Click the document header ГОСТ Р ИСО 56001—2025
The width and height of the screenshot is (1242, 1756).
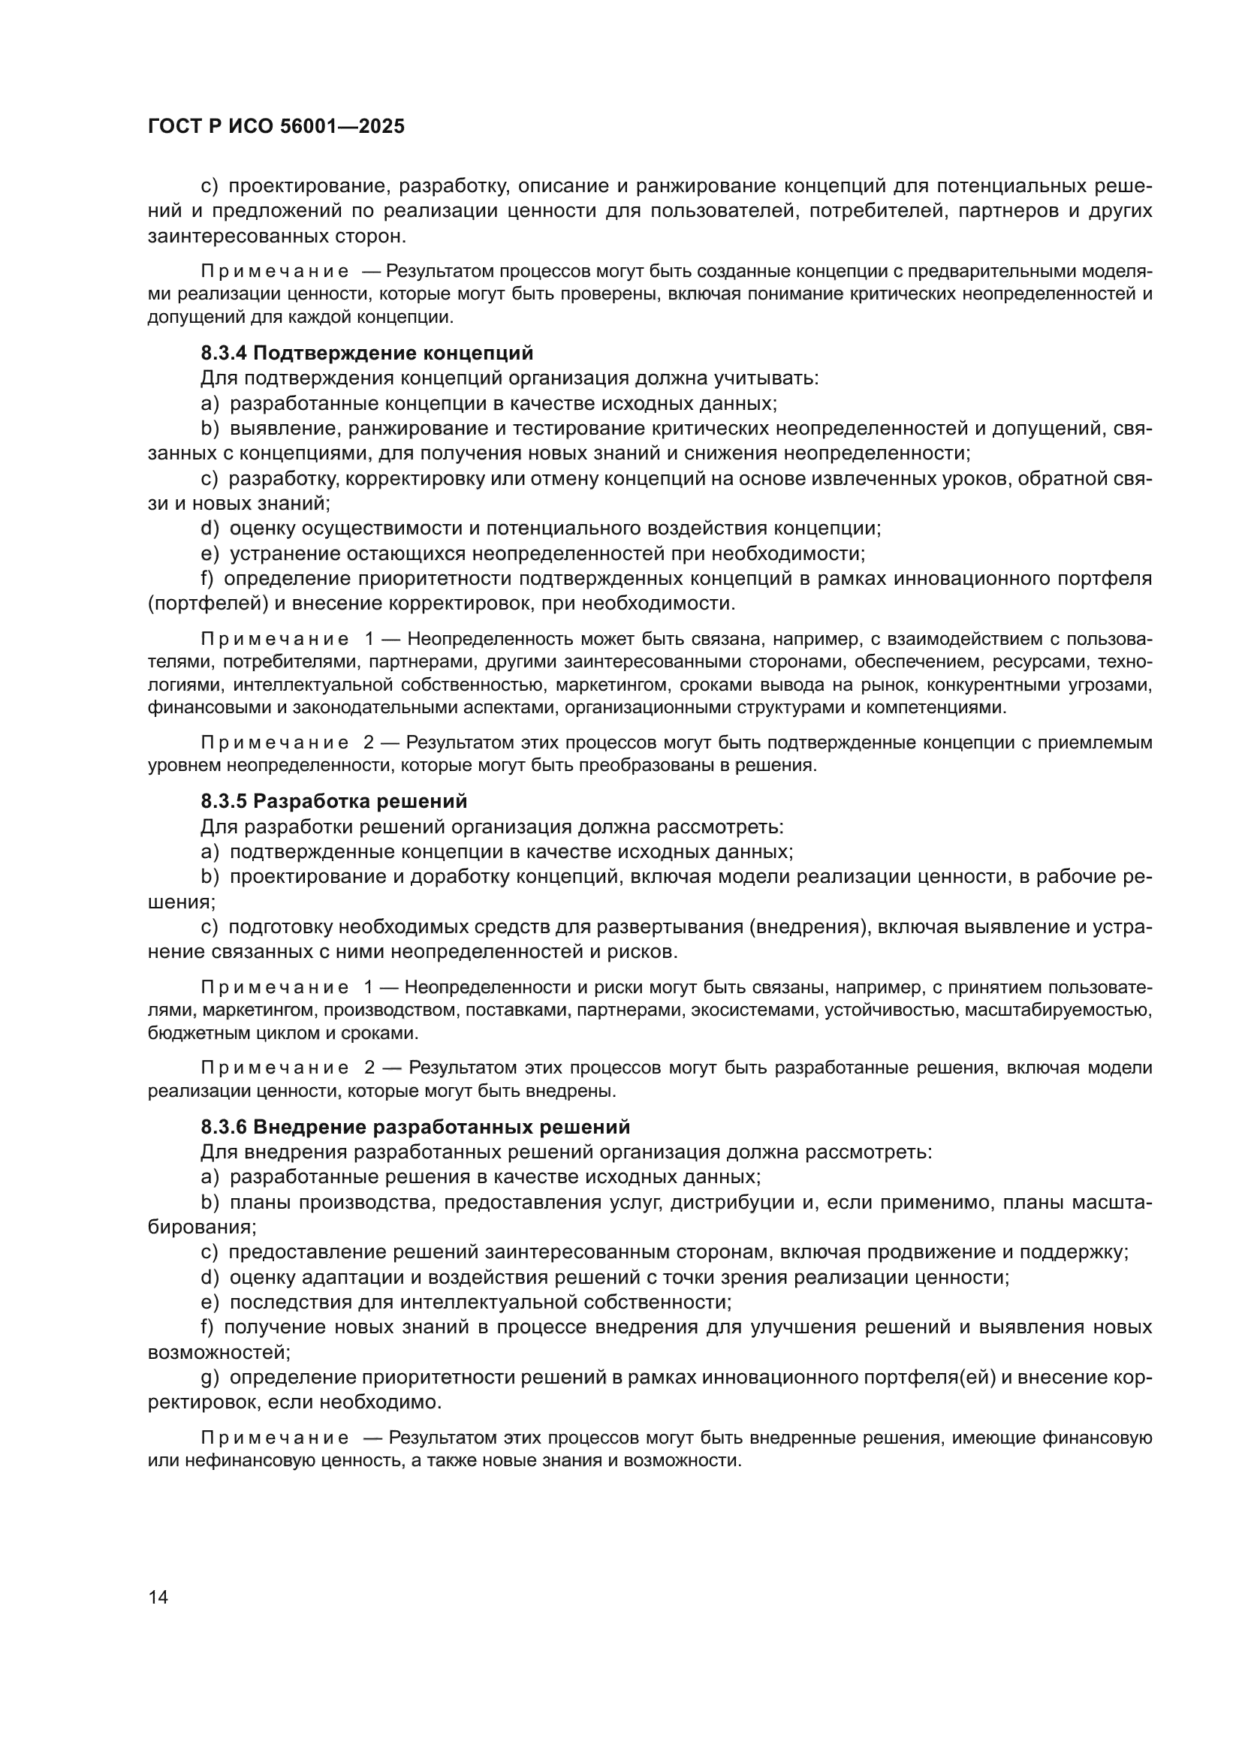(276, 126)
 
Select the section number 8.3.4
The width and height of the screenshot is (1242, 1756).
(223, 354)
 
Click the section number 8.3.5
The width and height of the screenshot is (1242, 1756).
(223, 802)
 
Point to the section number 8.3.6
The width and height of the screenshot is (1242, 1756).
(223, 1127)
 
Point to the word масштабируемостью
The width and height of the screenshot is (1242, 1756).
(1058, 1011)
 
